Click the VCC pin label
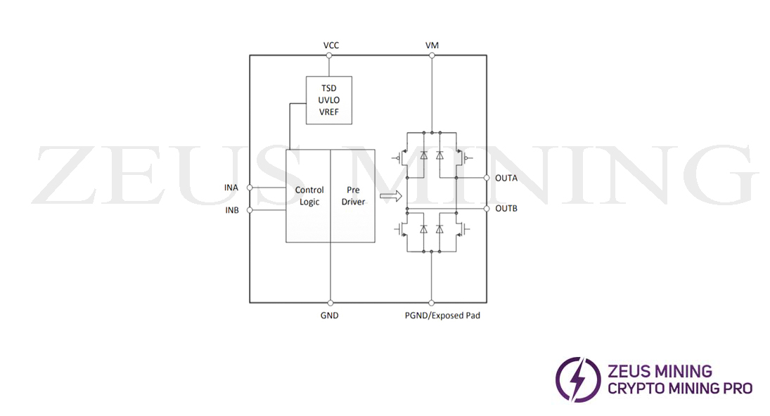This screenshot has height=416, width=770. point(331,45)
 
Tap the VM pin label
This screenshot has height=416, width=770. point(432,45)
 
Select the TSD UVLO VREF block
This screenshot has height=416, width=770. point(328,100)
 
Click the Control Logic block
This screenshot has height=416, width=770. point(308,196)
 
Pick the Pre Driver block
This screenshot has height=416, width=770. point(352,196)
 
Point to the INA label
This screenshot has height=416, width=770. point(231,188)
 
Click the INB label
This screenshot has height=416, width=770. point(231,210)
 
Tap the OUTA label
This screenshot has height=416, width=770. point(506,178)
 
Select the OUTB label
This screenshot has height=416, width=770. point(506,209)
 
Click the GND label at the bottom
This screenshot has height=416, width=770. point(329,316)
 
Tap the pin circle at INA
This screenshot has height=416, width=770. point(250,188)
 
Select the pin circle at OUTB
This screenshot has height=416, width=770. point(487,209)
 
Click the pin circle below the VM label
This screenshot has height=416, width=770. point(432,56)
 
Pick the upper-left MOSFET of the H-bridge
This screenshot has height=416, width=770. point(406,154)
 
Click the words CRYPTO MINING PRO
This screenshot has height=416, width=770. point(679,388)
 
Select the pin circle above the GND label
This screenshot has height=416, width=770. point(330,303)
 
